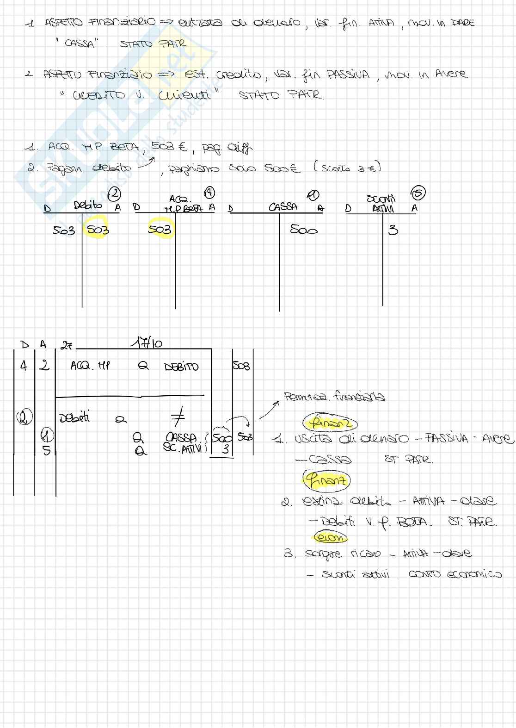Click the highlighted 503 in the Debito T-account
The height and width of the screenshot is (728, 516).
(98, 230)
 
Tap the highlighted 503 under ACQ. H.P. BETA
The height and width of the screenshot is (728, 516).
(160, 230)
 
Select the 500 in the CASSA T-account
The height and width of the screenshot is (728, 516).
(303, 229)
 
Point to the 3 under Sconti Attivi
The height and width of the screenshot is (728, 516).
(393, 230)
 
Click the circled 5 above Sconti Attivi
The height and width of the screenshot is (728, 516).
(418, 193)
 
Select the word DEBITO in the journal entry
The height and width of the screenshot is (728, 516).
(181, 367)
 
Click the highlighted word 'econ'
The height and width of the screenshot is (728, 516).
(330, 537)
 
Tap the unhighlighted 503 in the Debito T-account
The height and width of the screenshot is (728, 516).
(63, 230)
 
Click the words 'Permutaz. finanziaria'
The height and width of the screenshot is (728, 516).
(334, 397)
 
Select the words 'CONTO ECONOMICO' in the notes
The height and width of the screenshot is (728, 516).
(455, 574)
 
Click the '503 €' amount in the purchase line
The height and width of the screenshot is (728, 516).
(169, 147)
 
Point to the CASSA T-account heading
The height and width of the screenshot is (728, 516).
(283, 207)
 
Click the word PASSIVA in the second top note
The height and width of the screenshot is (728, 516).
(348, 74)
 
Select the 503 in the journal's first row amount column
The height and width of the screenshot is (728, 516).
(241, 366)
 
